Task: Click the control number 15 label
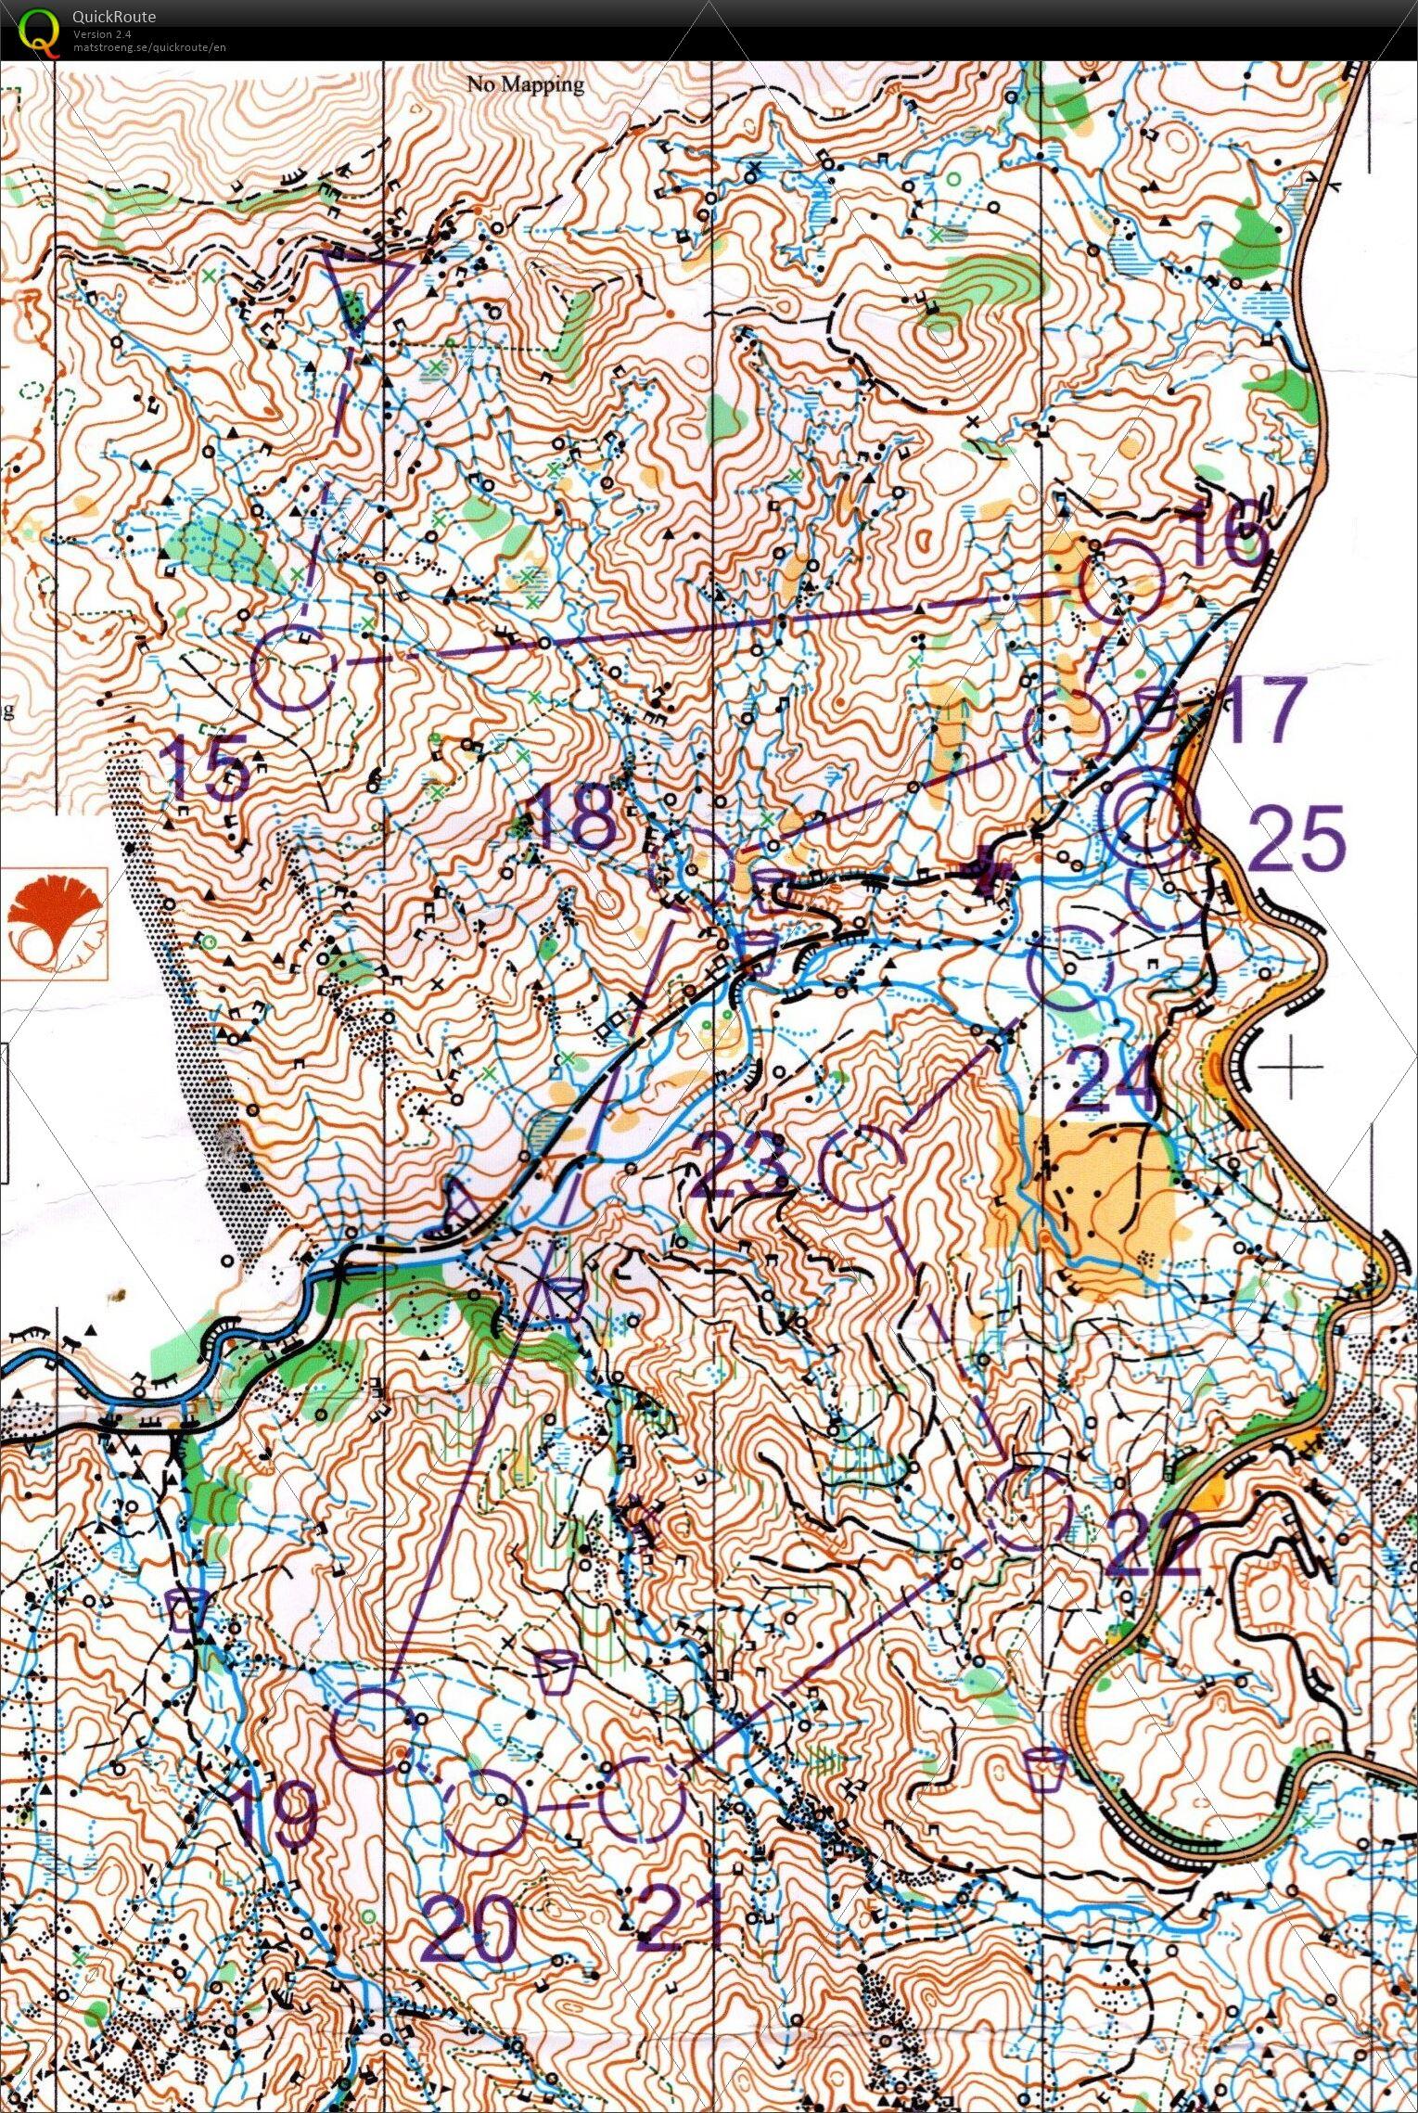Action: (x=208, y=767)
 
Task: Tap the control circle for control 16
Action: (x=1122, y=581)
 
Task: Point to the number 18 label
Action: (x=573, y=817)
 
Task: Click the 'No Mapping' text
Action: (x=525, y=85)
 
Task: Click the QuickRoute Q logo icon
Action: (x=37, y=30)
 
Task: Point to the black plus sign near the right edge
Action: (x=1290, y=1066)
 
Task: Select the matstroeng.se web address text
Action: (x=148, y=47)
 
